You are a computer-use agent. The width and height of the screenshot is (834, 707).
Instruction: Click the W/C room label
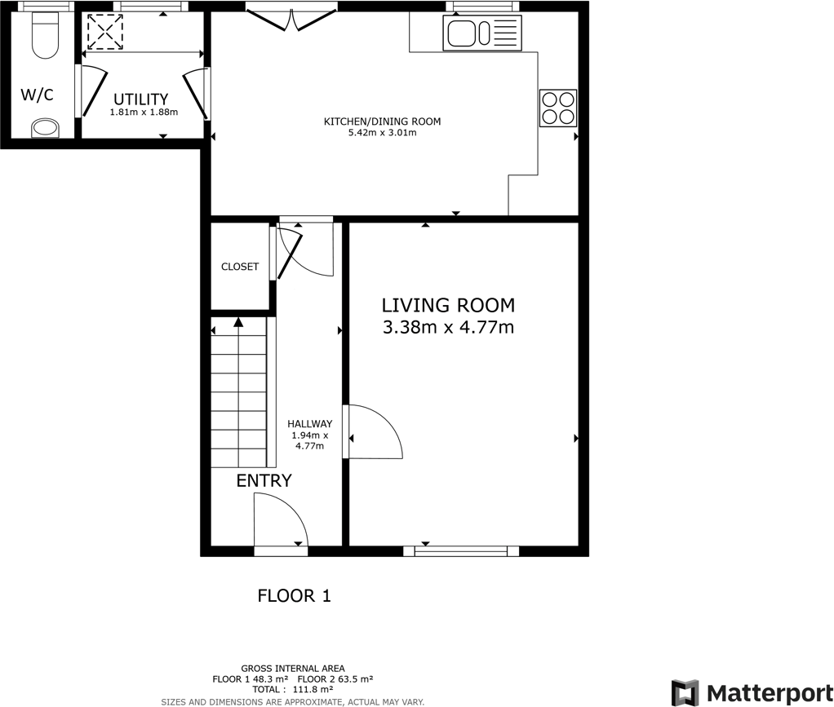[37, 95]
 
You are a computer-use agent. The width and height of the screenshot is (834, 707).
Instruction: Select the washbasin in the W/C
[44, 128]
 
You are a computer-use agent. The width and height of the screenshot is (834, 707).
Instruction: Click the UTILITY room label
[140, 99]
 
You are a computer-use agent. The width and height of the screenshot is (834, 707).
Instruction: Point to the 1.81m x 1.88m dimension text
[144, 113]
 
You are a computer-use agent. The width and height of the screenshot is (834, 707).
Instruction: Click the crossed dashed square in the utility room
[104, 33]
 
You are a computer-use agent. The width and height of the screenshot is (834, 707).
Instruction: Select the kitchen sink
[481, 34]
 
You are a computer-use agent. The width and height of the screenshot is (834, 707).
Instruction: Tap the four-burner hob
[558, 108]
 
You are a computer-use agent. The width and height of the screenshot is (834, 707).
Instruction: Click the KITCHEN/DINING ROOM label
[382, 122]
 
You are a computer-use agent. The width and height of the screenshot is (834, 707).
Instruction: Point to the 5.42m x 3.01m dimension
[382, 132]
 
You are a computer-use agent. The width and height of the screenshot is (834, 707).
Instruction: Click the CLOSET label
[240, 267]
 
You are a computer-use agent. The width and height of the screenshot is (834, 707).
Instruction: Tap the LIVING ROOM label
[448, 306]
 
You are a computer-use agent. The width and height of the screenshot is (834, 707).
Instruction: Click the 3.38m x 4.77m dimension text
[448, 328]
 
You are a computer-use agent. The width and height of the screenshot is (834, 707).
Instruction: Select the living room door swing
[374, 432]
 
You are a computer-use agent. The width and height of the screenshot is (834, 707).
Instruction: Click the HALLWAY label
[309, 424]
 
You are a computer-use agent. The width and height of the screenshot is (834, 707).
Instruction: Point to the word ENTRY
[264, 481]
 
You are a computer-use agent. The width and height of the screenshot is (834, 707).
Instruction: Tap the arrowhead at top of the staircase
[238, 322]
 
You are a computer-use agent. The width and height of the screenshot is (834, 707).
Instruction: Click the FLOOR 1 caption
[294, 596]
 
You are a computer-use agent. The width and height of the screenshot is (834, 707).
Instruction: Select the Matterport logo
[747, 692]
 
